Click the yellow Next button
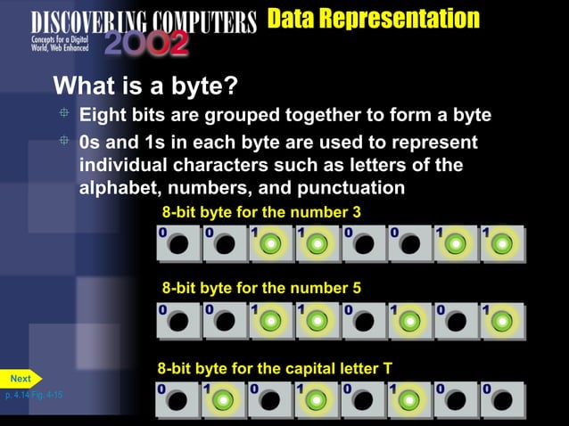pyautogui.click(x=20, y=379)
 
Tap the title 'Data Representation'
pyautogui.click(x=373, y=18)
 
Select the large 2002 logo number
pyautogui.click(x=146, y=44)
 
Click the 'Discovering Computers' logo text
pyautogui.click(x=143, y=20)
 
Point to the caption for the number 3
pyautogui.click(x=261, y=212)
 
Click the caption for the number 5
pyautogui.click(x=261, y=288)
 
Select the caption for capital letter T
pyautogui.click(x=275, y=368)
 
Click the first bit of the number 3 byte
pyautogui.click(x=178, y=243)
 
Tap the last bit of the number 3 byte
pyautogui.click(x=502, y=243)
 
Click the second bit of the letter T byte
pyautogui.click(x=225, y=400)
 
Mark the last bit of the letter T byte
pyautogui.click(x=502, y=400)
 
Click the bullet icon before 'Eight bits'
pyautogui.click(x=64, y=114)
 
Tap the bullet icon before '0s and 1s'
pyautogui.click(x=64, y=141)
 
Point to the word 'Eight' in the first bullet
pyautogui.click(x=104, y=116)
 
